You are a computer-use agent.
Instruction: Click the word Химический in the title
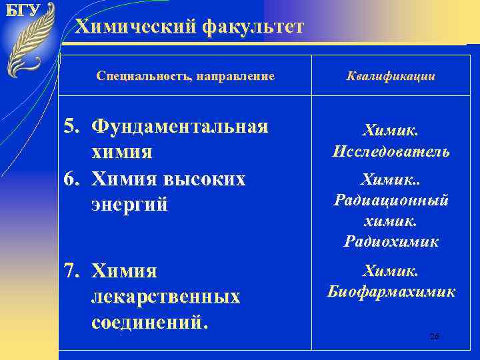click(x=133, y=27)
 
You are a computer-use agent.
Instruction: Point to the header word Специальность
click(x=137, y=77)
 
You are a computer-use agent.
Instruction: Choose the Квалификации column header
click(x=391, y=77)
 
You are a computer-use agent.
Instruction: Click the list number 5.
click(x=71, y=127)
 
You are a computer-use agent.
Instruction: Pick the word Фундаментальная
click(x=180, y=127)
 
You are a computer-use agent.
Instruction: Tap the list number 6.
click(x=71, y=179)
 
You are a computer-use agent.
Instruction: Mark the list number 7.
click(x=71, y=271)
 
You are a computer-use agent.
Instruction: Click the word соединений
click(x=149, y=323)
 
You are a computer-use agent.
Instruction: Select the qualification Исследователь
click(x=391, y=152)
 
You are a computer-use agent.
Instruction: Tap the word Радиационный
click(x=391, y=201)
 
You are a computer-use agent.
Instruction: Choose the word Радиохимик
click(x=391, y=241)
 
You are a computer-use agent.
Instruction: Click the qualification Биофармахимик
click(x=391, y=291)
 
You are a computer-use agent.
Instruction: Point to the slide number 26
click(x=434, y=337)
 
